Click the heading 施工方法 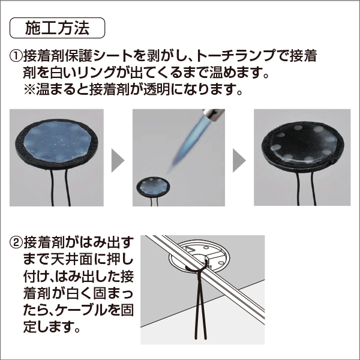(x=58, y=28)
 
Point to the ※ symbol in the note (x=31, y=93)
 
